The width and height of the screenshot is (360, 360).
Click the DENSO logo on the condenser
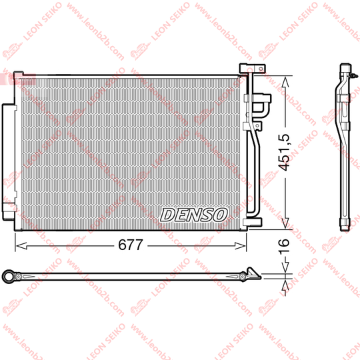(193, 215)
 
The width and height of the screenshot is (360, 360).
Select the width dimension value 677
(131, 245)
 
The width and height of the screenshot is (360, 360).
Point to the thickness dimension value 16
(284, 247)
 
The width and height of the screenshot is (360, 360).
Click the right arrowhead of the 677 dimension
(240, 246)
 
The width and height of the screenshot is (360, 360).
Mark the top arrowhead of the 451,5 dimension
(285, 82)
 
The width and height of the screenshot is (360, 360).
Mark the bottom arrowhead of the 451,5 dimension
(285, 223)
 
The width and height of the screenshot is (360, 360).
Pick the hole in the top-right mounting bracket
(261, 69)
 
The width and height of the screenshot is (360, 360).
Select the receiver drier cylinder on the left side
(8, 162)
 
